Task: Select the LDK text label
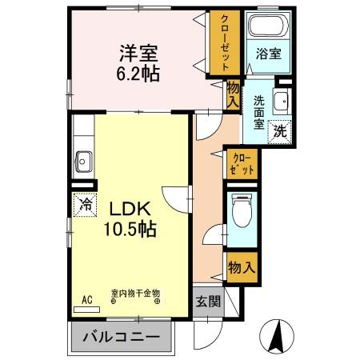click(126, 208)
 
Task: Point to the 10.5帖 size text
click(128, 227)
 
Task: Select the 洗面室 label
click(260, 112)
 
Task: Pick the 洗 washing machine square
click(281, 129)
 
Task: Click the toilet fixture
click(241, 212)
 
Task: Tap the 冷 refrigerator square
click(84, 204)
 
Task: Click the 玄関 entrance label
click(206, 302)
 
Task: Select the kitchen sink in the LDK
click(83, 159)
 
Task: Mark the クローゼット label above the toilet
click(241, 164)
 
